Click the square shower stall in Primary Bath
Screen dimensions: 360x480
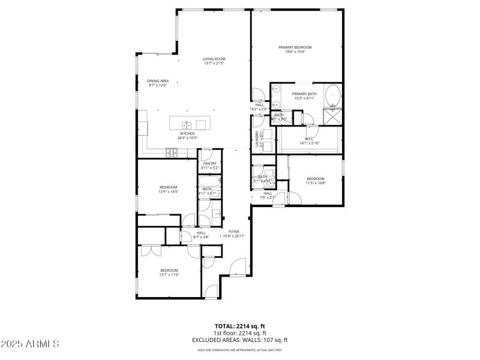(332, 116)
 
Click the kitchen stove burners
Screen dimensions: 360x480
(172, 153)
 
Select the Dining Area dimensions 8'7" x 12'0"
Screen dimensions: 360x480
(157, 85)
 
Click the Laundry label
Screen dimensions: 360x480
(257, 140)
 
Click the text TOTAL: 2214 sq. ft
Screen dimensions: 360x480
(240, 326)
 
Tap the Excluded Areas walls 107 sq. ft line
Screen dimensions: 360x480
(240, 340)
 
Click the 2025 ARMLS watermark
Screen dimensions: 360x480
(30, 344)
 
